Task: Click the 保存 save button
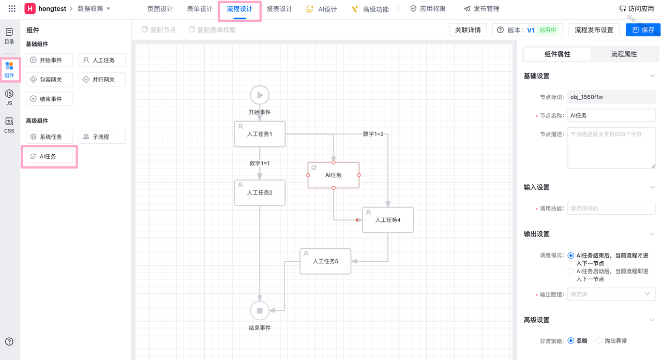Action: [643, 30]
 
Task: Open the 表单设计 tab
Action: [200, 9]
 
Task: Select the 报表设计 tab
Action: [279, 9]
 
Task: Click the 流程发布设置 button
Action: [594, 30]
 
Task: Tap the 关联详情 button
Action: [468, 30]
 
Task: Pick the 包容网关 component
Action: [50, 80]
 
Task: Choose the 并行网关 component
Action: [102, 80]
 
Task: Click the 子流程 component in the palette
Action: [102, 137]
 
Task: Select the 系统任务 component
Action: [50, 137]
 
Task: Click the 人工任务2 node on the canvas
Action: [260, 192]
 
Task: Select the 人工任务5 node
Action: [325, 261]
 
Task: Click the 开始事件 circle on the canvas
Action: [260, 95]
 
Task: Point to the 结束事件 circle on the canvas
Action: [260, 310]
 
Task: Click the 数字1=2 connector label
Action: [373, 134]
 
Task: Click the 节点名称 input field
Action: [611, 115]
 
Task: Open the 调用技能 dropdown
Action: [611, 208]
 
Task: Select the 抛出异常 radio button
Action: [600, 341]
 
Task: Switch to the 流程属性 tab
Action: [624, 54]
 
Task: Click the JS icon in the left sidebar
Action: [9, 97]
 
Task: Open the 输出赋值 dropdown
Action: [611, 294]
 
